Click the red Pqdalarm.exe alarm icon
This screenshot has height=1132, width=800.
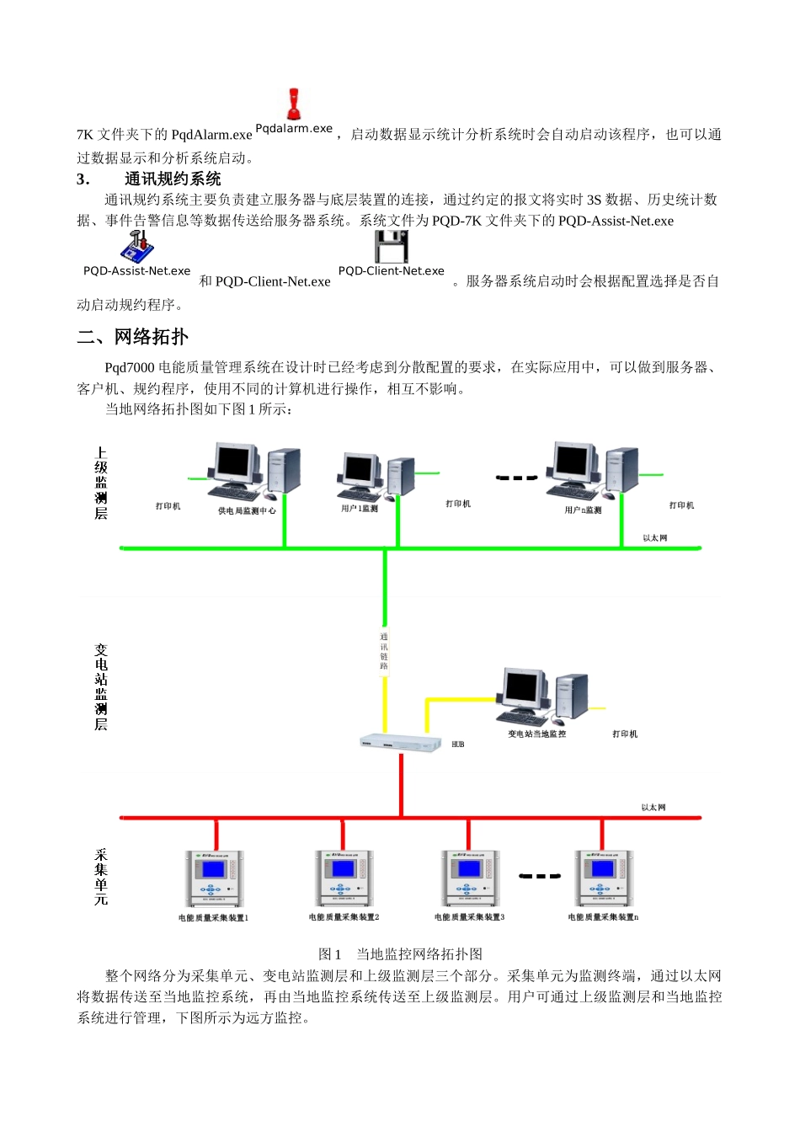pyautogui.click(x=294, y=104)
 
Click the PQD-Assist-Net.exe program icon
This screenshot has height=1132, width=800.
pyautogui.click(x=137, y=246)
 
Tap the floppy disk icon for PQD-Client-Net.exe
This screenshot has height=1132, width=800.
pyautogui.click(x=391, y=247)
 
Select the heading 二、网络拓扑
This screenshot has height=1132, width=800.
pyautogui.click(x=133, y=337)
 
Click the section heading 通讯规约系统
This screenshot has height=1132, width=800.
pyautogui.click(x=173, y=179)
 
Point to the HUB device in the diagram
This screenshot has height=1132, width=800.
pyautogui.click(x=401, y=743)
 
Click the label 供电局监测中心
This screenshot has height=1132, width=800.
pyautogui.click(x=247, y=510)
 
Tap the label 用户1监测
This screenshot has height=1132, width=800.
pyautogui.click(x=360, y=509)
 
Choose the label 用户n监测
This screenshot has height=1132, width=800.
pyautogui.click(x=583, y=510)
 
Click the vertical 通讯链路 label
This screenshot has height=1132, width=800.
pyautogui.click(x=384, y=651)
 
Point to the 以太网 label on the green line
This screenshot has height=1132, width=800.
pyautogui.click(x=654, y=537)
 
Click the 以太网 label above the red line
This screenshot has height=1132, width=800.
pyautogui.click(x=653, y=807)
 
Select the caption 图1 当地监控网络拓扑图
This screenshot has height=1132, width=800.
pyautogui.click(x=400, y=954)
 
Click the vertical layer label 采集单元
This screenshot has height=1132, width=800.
pyautogui.click(x=101, y=877)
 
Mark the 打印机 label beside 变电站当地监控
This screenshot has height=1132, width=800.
pyautogui.click(x=625, y=734)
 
